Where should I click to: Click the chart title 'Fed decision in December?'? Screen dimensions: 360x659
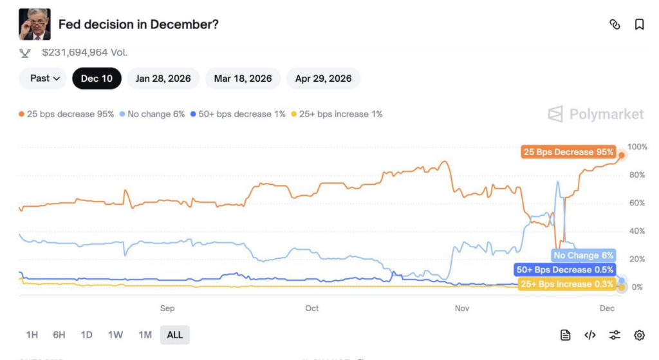[138, 24]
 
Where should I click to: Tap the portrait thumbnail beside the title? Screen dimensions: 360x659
[35, 24]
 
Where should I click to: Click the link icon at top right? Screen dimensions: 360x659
[615, 24]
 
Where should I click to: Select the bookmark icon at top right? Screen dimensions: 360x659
[639, 24]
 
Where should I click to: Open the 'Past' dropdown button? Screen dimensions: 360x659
[45, 79]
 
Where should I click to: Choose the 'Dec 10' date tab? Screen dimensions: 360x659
[97, 79]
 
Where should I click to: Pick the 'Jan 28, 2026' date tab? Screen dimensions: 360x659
[163, 79]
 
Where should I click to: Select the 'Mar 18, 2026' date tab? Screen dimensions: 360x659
[243, 79]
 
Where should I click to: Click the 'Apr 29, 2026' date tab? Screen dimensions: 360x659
[323, 79]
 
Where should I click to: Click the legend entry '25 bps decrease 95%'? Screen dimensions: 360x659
[67, 114]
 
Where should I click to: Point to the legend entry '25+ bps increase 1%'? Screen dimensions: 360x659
[337, 114]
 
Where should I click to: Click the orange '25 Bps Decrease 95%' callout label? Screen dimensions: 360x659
[568, 152]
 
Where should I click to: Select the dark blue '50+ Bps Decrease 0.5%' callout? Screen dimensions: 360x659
[564, 270]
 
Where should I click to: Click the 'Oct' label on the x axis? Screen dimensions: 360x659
[311, 308]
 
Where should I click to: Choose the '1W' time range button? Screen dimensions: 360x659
[115, 335]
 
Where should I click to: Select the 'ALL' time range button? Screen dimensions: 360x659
[174, 335]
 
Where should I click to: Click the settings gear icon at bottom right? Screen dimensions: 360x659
[639, 335]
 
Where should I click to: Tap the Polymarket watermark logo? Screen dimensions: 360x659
[595, 115]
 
